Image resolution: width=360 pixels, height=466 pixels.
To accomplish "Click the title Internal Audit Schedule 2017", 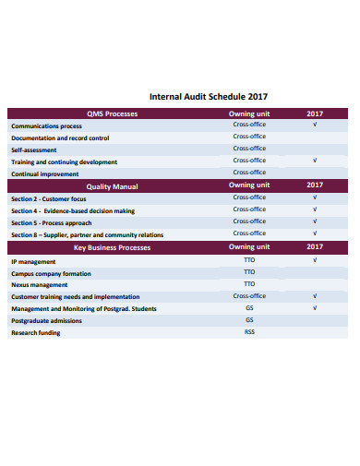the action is pyautogui.click(x=208, y=95).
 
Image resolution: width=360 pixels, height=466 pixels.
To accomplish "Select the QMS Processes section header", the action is pyautogui.click(x=112, y=114).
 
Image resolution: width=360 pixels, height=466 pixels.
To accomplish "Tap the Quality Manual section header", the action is pyautogui.click(x=112, y=185).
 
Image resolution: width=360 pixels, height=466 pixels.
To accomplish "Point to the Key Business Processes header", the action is pyautogui.click(x=112, y=247).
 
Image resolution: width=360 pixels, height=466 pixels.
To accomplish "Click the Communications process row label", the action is pyautogui.click(x=46, y=125).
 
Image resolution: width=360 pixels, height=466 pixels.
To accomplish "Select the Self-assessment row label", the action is pyautogui.click(x=33, y=149).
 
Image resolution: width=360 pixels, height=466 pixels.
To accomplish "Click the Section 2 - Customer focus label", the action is pyautogui.click(x=49, y=198).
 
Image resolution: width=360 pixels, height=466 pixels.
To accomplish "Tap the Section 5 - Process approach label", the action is pyautogui.click(x=52, y=222).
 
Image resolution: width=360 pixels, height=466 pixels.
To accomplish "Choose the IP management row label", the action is pyautogui.click(x=33, y=261).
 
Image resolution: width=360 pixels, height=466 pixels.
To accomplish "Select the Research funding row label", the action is pyautogui.click(x=35, y=332).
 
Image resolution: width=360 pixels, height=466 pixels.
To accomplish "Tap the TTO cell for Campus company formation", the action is pyautogui.click(x=249, y=272).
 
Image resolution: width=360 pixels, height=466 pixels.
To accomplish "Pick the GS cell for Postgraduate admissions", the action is pyautogui.click(x=249, y=319).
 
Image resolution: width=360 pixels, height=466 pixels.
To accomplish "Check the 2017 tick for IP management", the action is pyautogui.click(x=315, y=260).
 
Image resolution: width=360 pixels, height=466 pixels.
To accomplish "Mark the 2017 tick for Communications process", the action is pyautogui.click(x=315, y=125).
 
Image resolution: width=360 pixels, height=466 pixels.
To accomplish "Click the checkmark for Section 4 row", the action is pyautogui.click(x=315, y=209).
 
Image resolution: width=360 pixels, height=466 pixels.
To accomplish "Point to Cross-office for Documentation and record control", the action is pyautogui.click(x=249, y=137).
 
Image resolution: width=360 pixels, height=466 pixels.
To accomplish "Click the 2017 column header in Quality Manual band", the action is pyautogui.click(x=315, y=185).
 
